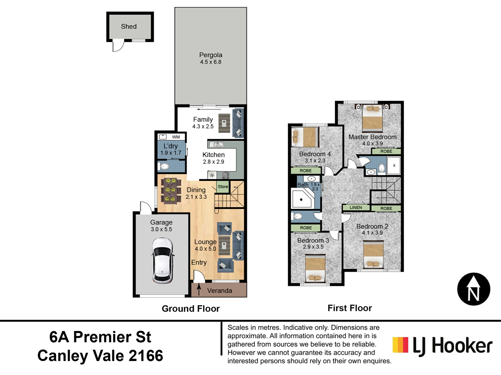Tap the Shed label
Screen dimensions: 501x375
pos(129,26)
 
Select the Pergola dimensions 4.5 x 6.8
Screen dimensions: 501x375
pos(211,62)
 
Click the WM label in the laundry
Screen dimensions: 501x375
pos(176,137)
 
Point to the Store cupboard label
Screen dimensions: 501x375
pos(223,186)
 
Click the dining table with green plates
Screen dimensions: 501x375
pos(171,190)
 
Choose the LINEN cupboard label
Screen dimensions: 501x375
pos(356,208)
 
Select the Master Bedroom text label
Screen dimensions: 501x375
pos(372,137)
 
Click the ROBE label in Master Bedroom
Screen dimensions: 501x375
pos(386,151)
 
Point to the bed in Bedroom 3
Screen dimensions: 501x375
pos(315,268)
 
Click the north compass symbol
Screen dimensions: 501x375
pos(474,289)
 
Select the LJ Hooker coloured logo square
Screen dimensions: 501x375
pos(400,345)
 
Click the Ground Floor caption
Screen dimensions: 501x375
pos(191,309)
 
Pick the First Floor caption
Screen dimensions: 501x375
pos(350,308)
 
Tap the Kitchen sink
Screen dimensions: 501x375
pos(216,144)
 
